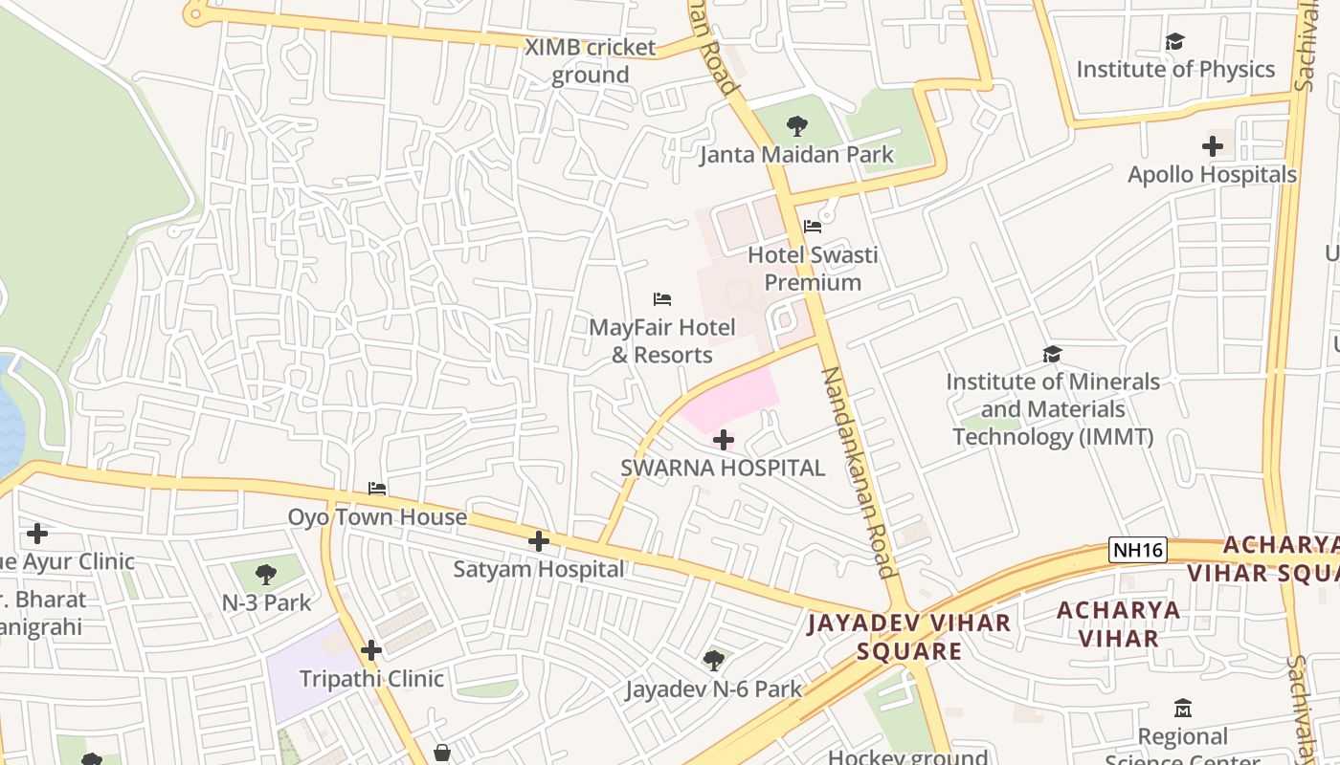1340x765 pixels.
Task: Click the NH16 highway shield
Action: [1138, 550]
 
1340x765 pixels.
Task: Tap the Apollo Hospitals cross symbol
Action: [1213, 146]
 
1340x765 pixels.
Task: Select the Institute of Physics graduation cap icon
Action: [1174, 41]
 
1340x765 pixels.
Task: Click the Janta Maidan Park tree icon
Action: [796, 125]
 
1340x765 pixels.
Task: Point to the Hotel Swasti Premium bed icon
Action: [813, 227]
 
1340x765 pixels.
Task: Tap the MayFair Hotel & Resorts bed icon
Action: [662, 299]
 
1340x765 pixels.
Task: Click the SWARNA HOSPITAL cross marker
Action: [724, 440]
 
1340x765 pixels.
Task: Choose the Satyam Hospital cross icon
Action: [539, 541]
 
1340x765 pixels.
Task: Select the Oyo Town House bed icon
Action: [377, 489]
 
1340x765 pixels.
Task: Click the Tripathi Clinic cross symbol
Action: [371, 651]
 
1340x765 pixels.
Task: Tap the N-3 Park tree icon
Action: [266, 575]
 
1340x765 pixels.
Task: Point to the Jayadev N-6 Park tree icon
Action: [713, 660]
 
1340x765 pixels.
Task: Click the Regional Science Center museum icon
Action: [1183, 709]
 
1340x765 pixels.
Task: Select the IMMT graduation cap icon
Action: [1052, 355]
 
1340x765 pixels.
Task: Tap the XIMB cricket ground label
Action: [591, 60]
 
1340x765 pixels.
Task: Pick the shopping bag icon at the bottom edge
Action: [441, 754]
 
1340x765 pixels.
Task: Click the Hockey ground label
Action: [894, 756]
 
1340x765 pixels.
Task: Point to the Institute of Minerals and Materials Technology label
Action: [1053, 409]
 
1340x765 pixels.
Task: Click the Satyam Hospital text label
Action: [539, 569]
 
